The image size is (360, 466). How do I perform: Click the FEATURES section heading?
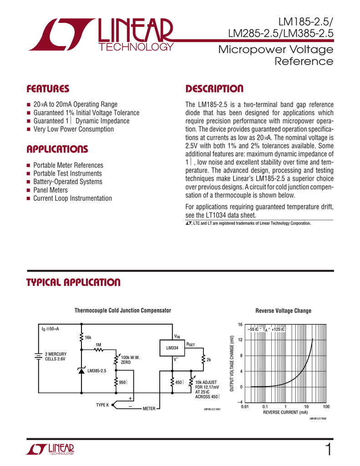(48, 88)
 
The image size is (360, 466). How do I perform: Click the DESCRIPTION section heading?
(214, 88)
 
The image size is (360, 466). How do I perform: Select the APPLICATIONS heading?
(57, 149)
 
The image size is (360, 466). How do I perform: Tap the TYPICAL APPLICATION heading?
(73, 283)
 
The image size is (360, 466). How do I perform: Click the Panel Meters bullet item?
(51, 190)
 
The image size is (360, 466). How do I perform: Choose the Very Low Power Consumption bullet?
(74, 129)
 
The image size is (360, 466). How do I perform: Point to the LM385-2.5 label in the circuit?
(96, 371)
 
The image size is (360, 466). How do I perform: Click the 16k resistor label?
(88, 337)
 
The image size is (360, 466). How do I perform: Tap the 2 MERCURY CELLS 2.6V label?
(55, 356)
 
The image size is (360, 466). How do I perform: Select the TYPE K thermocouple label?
(102, 405)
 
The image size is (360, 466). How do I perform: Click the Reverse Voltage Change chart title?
(283, 310)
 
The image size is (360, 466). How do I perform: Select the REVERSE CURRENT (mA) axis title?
(285, 412)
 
